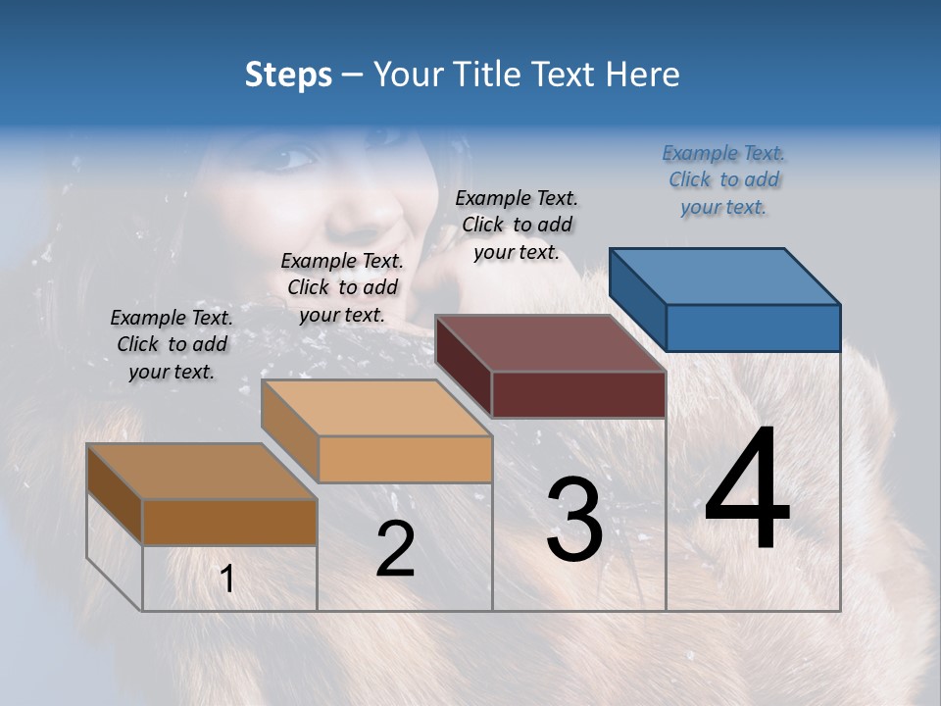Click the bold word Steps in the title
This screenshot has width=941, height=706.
[288, 75]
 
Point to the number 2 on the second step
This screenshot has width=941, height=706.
[395, 549]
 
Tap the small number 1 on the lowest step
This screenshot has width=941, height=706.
[227, 580]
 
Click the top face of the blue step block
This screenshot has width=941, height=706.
[724, 276]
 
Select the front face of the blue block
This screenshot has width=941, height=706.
[753, 328]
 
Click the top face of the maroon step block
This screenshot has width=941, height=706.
[550, 343]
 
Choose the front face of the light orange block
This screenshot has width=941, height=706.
[405, 459]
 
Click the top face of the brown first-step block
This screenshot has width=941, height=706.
[202, 472]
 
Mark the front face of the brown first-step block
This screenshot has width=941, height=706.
[229, 522]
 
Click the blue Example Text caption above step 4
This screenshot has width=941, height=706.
[723, 179]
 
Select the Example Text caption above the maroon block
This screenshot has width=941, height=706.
[517, 225]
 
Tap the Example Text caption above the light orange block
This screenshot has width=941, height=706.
[342, 287]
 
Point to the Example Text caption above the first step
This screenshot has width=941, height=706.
[172, 344]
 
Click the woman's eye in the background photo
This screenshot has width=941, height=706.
[295, 157]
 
